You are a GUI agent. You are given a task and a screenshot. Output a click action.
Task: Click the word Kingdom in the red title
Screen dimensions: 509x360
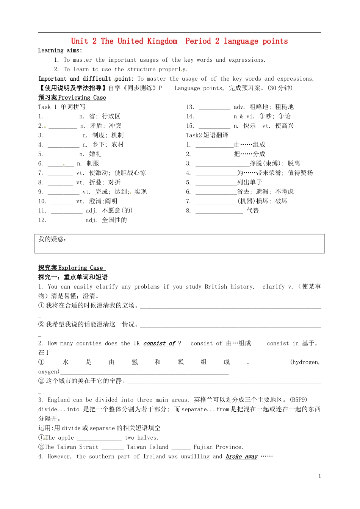click(162, 41)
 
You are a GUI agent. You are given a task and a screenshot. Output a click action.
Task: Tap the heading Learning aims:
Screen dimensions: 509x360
click(60, 50)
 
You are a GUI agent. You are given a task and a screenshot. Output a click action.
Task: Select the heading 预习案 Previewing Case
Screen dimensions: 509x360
click(72, 98)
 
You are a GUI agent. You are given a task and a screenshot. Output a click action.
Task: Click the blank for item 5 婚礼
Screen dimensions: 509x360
click(62, 155)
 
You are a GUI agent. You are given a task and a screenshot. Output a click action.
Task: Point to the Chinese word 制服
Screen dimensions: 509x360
click(92, 164)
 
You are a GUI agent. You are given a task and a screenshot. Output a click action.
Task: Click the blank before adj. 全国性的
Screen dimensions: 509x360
click(66, 220)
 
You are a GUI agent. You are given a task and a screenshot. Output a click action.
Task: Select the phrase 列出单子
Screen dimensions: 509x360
click(249, 183)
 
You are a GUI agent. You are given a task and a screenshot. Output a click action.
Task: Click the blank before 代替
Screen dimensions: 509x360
click(219, 211)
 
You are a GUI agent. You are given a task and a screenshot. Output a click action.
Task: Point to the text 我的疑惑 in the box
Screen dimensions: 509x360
click(52, 239)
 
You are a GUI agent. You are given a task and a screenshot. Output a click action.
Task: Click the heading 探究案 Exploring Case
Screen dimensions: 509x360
click(71, 268)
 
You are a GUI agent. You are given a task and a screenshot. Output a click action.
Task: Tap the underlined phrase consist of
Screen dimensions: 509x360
click(159, 343)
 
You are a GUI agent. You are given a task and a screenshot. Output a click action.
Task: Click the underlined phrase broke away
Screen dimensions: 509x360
click(241, 457)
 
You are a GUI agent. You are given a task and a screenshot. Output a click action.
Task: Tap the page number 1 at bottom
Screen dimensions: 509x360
click(320, 476)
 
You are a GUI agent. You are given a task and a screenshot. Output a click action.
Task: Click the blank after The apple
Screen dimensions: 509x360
click(99, 438)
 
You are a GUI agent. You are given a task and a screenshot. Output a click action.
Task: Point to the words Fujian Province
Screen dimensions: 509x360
click(218, 447)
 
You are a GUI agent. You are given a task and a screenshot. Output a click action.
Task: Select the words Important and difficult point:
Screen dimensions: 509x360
click(86, 79)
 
